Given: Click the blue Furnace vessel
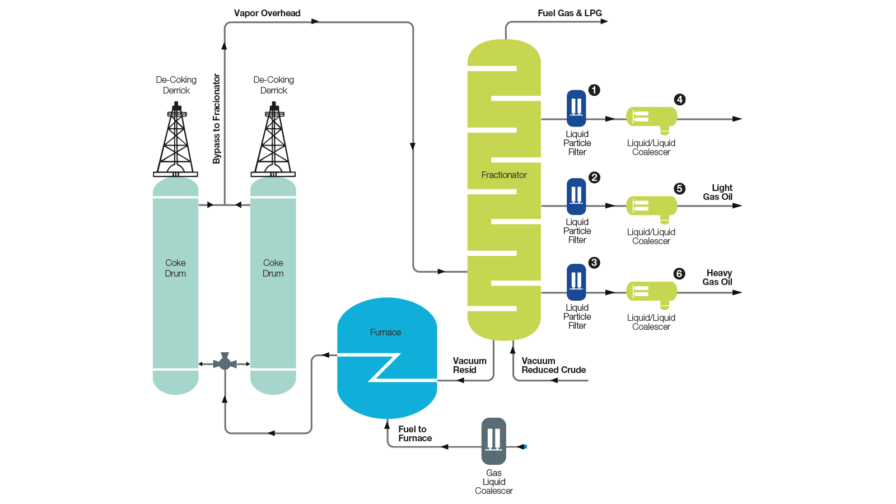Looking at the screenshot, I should coord(387,358).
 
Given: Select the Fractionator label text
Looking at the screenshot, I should coord(504,175).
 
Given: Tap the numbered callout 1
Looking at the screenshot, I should coord(594,90).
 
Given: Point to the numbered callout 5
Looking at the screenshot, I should coord(679,189).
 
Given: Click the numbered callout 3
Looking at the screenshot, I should coord(594,263).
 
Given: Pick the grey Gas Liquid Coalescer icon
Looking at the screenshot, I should coord(493,441).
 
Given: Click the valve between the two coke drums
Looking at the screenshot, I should coord(225,363).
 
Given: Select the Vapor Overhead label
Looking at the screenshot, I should coord(267,13).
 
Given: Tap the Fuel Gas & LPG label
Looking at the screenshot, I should coord(570,13).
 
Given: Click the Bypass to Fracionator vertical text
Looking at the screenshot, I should coord(217,119).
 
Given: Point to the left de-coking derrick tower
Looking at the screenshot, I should coord(176,140).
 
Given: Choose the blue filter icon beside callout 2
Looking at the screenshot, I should coord(576,196).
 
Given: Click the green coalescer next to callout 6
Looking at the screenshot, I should coord(652,292).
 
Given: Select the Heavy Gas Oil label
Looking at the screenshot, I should coord(718,277).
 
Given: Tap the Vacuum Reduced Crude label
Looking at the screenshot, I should coord(553,365).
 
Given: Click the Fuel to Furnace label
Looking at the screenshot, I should coord(414,433).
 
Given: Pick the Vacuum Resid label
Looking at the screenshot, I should coord(469,365).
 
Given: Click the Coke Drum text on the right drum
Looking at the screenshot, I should coord(273,268).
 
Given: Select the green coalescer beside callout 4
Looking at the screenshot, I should coord(652,118).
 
